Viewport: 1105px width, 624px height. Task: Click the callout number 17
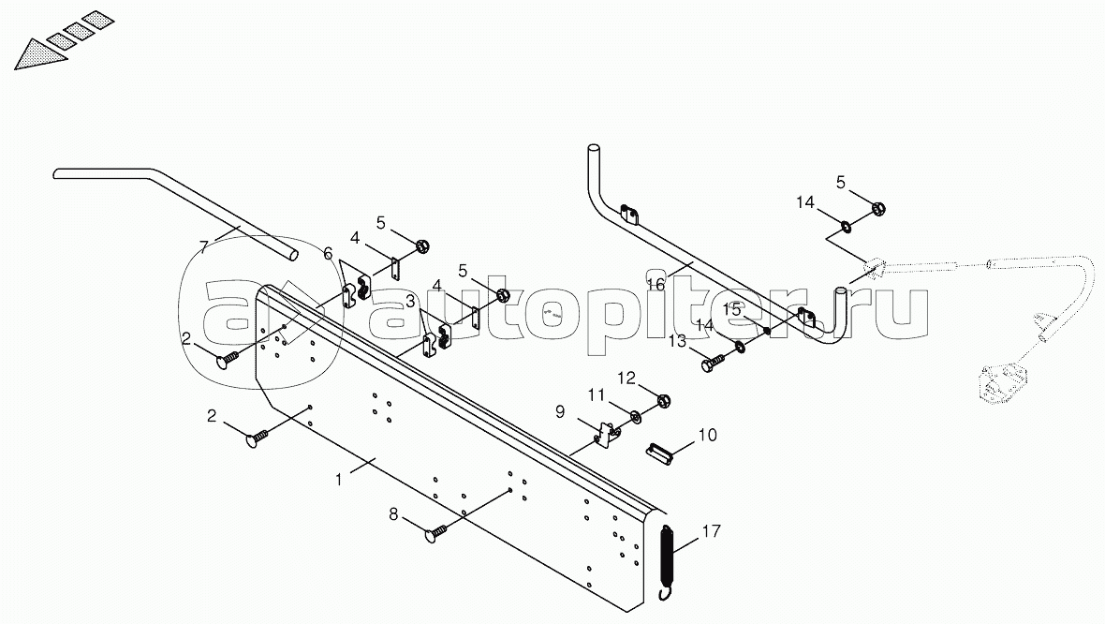(711, 532)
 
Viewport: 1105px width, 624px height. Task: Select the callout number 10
(707, 435)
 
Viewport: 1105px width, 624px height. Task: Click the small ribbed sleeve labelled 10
(661, 453)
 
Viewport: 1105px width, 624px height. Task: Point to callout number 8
(394, 513)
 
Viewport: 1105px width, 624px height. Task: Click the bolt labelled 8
(436, 533)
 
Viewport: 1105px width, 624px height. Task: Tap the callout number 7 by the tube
(203, 248)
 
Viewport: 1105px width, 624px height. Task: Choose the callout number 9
(559, 411)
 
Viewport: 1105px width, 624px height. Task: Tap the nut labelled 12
(663, 401)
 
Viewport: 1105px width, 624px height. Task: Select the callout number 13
(677, 341)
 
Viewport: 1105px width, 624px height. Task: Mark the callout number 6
(328, 253)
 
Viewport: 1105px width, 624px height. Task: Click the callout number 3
(411, 302)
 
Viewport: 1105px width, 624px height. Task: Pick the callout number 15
(731, 308)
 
